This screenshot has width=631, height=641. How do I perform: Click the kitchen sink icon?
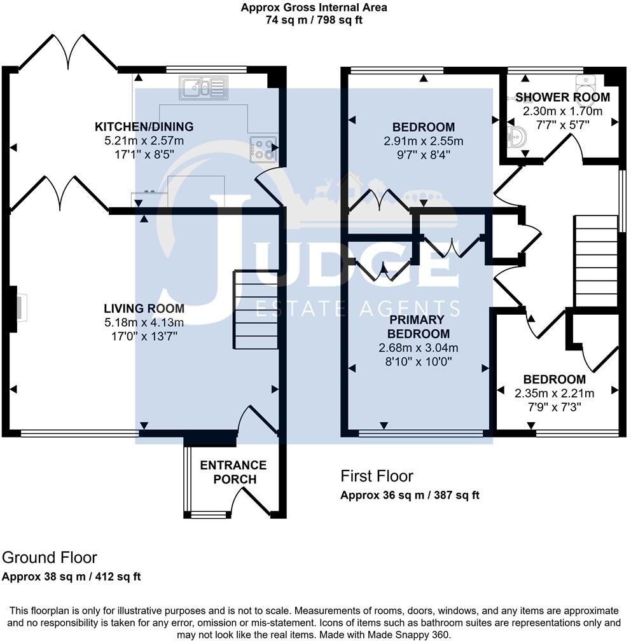point(203,87)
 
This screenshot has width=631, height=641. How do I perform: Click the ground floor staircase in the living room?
point(256,310)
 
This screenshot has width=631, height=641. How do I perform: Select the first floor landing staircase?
point(597,261)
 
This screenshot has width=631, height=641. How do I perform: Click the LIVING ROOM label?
point(144,309)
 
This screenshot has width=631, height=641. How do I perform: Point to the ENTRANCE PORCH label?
point(233,472)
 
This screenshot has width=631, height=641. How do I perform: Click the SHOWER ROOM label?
point(562,97)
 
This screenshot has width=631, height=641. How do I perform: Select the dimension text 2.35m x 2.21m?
point(554,393)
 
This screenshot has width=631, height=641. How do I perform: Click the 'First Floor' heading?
point(377,476)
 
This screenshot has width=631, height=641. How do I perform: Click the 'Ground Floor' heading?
point(50,558)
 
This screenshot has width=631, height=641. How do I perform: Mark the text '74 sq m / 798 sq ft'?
point(314,20)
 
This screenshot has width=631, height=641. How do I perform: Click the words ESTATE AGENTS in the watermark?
point(358,309)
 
